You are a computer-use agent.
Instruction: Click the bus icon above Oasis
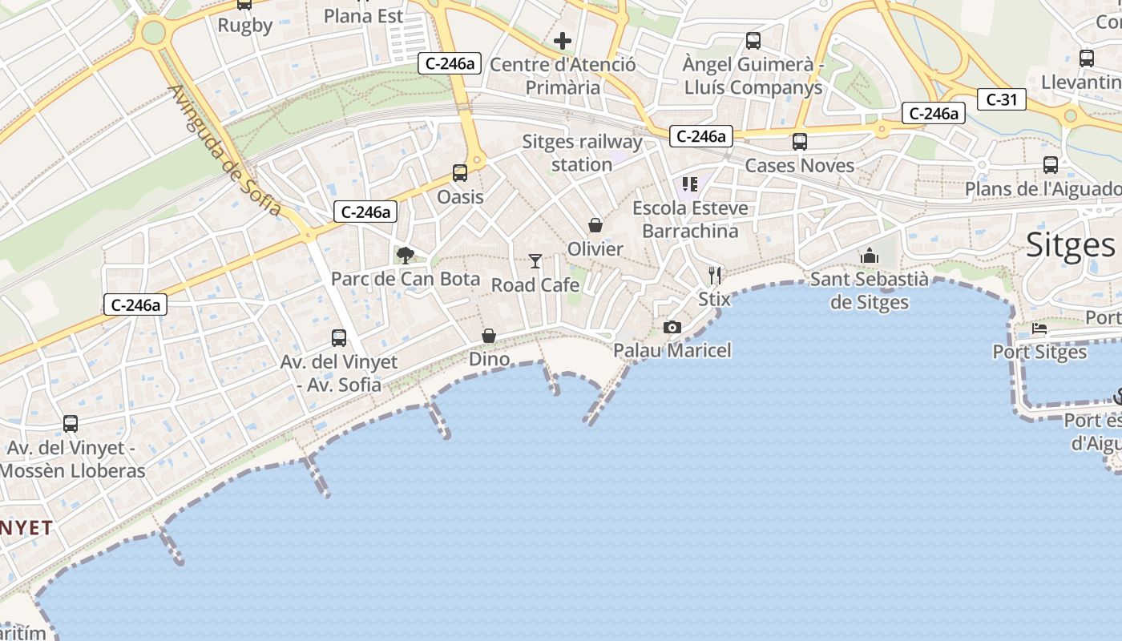(x=460, y=172)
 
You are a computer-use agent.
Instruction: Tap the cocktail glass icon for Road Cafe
(x=535, y=261)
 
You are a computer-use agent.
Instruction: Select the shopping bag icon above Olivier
(x=595, y=225)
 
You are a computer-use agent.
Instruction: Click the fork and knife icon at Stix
(x=715, y=276)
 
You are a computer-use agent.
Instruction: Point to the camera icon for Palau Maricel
(x=672, y=327)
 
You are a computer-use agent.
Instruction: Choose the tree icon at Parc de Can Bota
(x=406, y=256)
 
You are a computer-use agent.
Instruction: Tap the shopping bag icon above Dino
(x=489, y=336)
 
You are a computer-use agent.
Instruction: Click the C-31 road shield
(x=1001, y=99)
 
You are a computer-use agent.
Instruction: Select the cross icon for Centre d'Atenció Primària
(x=563, y=41)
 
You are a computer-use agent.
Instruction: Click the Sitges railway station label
(x=582, y=153)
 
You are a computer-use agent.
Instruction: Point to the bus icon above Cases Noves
(x=799, y=142)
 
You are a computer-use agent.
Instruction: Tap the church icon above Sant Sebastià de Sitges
(x=870, y=256)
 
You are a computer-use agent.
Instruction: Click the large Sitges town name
(x=1070, y=244)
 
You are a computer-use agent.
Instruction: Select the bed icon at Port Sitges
(x=1039, y=329)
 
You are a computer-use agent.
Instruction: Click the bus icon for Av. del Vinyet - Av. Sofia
(x=339, y=338)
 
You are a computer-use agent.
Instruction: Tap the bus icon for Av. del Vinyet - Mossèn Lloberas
(x=71, y=424)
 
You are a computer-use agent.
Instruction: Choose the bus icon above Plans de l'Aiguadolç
(x=1051, y=165)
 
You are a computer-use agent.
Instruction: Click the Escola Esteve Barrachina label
(x=690, y=220)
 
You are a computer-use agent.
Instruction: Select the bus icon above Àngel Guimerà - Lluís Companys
(x=753, y=41)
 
